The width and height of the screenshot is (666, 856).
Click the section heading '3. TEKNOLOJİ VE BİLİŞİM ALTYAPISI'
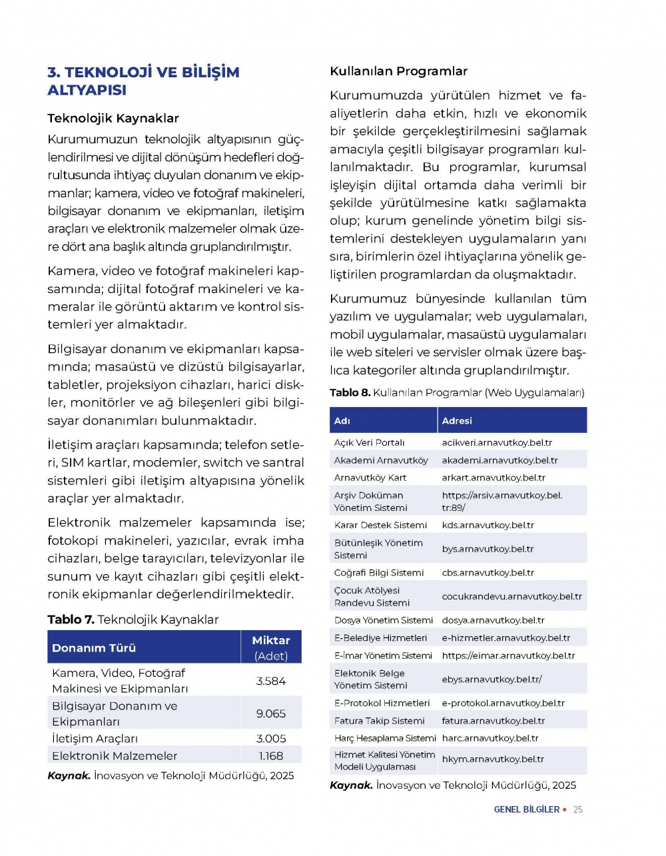click(143, 81)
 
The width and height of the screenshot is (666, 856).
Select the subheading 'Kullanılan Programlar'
click(398, 71)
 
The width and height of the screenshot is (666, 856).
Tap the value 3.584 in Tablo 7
click(271, 681)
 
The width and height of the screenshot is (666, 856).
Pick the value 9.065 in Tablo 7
click(271, 713)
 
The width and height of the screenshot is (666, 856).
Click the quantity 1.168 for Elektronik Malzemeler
click(271, 756)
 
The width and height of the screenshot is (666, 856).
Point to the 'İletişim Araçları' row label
click(95, 739)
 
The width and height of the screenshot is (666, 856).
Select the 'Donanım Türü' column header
click(94, 647)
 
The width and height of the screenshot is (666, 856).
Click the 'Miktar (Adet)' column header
click(271, 647)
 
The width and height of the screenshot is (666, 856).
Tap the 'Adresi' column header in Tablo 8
click(457, 421)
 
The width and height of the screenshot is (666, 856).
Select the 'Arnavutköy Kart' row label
click(370, 478)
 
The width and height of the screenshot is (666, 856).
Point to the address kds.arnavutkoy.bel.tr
click(488, 525)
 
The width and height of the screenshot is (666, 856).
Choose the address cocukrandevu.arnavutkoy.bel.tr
click(511, 596)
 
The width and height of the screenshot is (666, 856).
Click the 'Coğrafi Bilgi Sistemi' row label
click(379, 573)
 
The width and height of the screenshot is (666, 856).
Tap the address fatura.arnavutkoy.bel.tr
click(493, 721)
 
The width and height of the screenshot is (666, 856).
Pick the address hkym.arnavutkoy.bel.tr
click(493, 759)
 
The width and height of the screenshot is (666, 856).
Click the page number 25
click(578, 809)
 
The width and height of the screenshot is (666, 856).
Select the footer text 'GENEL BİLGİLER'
click(527, 809)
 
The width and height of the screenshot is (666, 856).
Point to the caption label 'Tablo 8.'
click(350, 392)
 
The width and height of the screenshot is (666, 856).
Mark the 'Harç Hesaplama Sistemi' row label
click(385, 738)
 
